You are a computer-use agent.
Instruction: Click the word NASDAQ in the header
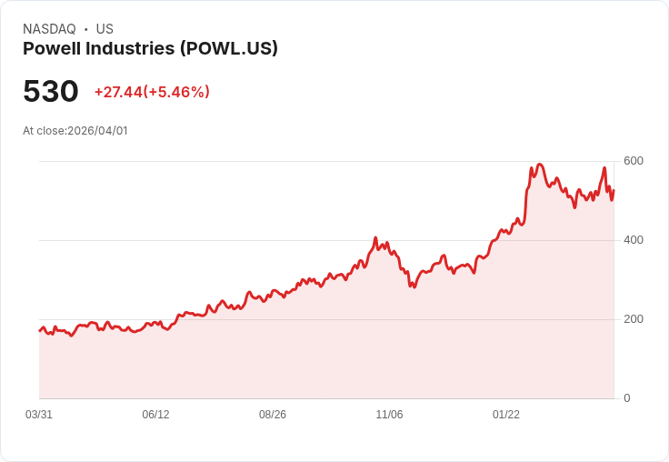coord(49,29)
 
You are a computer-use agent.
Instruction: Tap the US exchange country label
coord(105,29)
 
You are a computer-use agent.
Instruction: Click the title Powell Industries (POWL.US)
coord(150,49)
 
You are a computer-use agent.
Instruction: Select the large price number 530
coord(51,92)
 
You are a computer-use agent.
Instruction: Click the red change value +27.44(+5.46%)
coord(152,92)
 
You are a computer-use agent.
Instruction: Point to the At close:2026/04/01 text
coord(75,131)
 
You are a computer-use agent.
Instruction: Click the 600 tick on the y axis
coord(634,161)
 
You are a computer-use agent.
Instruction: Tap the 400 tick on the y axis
coord(634,240)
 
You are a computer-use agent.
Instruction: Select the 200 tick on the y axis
coord(634,319)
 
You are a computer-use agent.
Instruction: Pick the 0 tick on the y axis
coord(627,398)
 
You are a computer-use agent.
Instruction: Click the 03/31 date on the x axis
coord(39,415)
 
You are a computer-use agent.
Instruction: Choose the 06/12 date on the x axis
coord(155,415)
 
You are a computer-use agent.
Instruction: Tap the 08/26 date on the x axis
coord(273,415)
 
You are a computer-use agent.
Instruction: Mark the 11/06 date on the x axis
coord(389,415)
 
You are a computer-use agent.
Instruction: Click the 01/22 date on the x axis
coord(506,415)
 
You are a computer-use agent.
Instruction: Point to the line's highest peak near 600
coord(539,165)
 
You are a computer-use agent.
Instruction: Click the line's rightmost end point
coord(614,190)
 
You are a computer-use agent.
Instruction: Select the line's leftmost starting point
coord(40,330)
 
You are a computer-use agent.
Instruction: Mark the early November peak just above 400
coord(374,238)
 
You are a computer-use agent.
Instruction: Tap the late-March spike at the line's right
coord(604,168)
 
